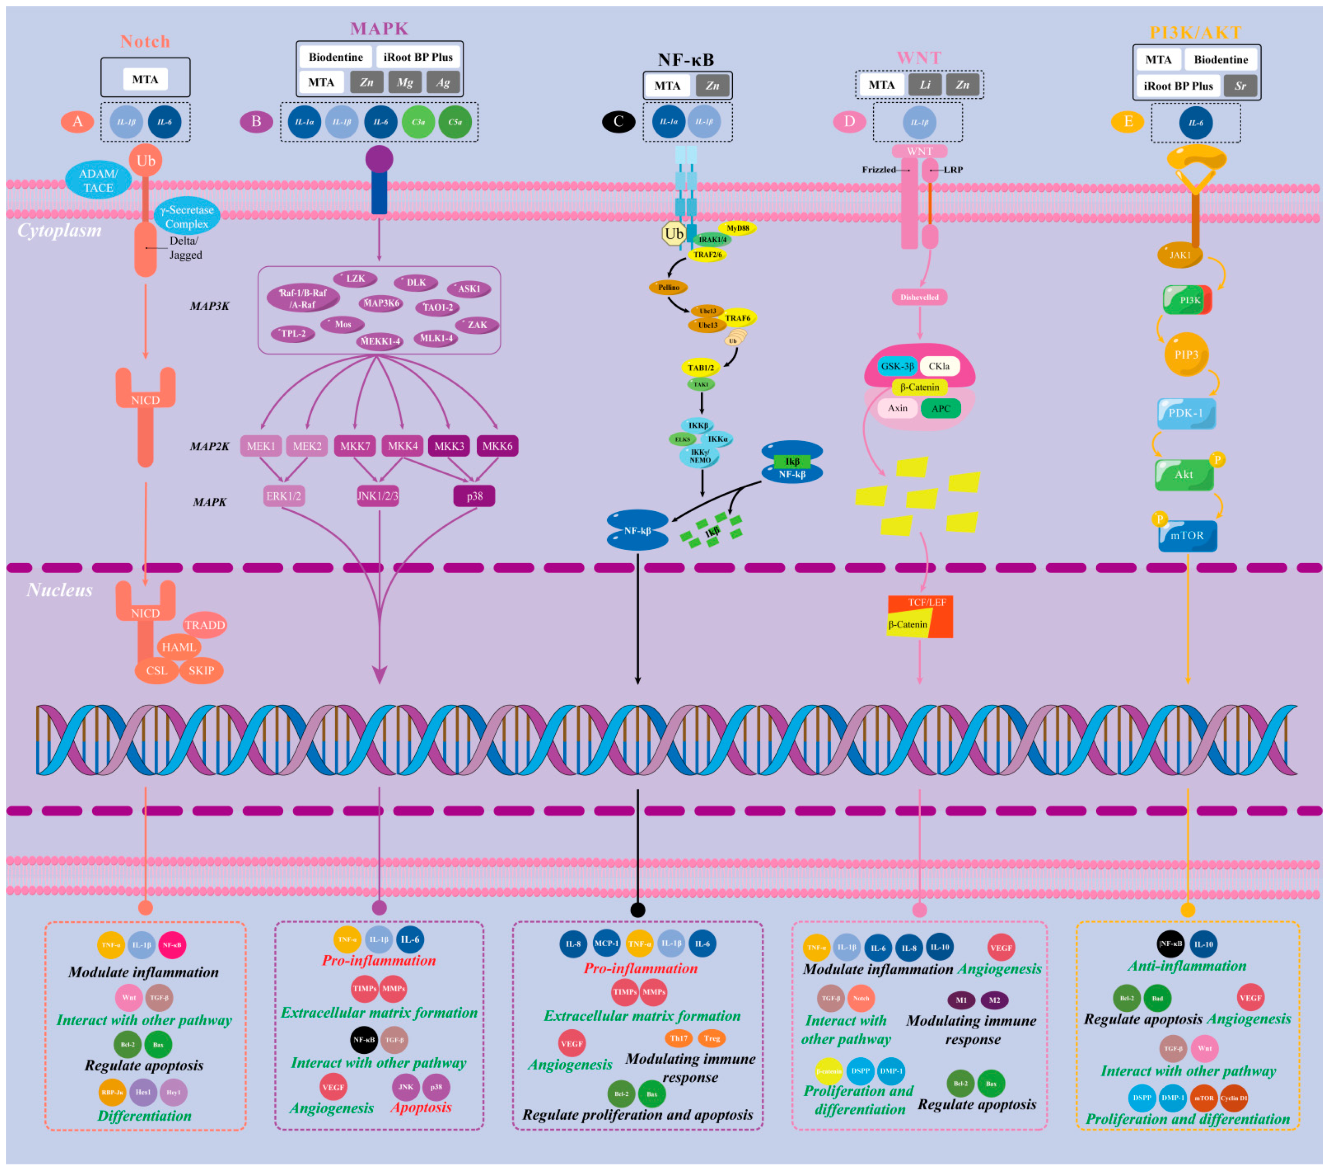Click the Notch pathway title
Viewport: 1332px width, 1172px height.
145,41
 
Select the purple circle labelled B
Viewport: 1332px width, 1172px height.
256,121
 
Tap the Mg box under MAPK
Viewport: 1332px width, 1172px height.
405,82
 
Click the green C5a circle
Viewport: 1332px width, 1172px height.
455,122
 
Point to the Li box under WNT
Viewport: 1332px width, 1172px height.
925,85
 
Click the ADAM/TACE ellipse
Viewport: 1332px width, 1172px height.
98,181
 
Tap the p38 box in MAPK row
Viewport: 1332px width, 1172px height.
474,496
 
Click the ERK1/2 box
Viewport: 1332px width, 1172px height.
284,496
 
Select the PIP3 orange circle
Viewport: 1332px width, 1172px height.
1186,355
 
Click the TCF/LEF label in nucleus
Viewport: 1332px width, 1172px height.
926,602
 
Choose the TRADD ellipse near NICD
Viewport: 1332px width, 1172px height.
205,625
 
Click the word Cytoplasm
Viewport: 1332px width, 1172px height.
59,230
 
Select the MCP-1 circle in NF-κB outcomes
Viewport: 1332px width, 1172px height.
606,943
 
